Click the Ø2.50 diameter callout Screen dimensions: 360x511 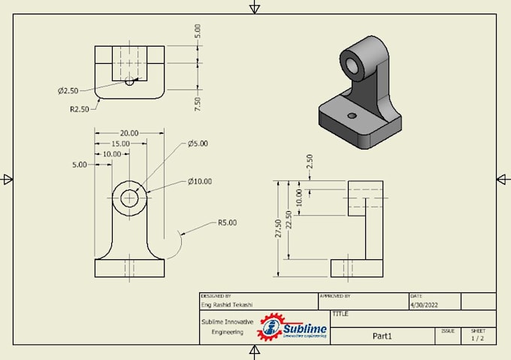pos(68,91)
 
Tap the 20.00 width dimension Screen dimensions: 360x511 pos(129,133)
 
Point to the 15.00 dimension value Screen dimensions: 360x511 pos(120,144)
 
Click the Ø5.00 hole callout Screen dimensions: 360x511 pos(198,144)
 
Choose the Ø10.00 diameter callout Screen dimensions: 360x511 pos(200,181)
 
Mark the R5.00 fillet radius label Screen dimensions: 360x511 pos(227,222)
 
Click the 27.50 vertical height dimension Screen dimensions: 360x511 pos(279,228)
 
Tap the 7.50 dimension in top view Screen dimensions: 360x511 pos(198,103)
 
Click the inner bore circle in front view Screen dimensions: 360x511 pos(129,198)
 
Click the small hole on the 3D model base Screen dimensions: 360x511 pos(352,116)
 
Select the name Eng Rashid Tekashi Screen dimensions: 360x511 pos(226,305)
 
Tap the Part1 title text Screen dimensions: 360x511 pos(382,336)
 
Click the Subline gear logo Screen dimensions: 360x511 pos(271,328)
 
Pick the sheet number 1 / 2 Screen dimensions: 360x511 pos(478,339)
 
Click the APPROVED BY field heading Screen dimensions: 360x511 pos(335,296)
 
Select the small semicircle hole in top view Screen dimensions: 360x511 pos(129,81)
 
